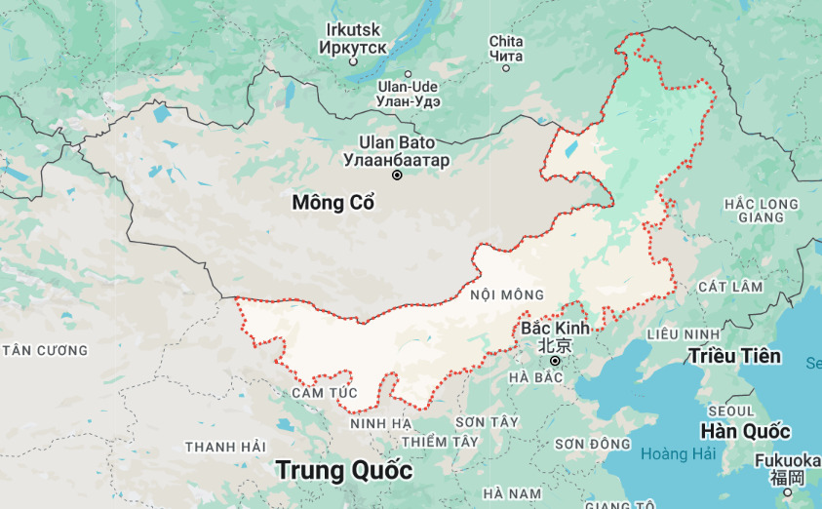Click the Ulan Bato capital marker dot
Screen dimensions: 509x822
[397, 176]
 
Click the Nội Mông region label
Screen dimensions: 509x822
[506, 294]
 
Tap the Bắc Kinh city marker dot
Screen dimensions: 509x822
[555, 362]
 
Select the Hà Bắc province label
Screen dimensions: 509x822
[536, 376]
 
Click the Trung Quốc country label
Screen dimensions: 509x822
[344, 470]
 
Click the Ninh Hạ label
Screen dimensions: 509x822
[381, 423]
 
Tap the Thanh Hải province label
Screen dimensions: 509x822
[225, 447]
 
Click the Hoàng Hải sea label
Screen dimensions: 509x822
[679, 453]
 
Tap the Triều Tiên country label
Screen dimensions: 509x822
[734, 356]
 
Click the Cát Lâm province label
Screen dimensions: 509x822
[729, 287]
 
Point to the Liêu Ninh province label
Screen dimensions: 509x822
[683, 334]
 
